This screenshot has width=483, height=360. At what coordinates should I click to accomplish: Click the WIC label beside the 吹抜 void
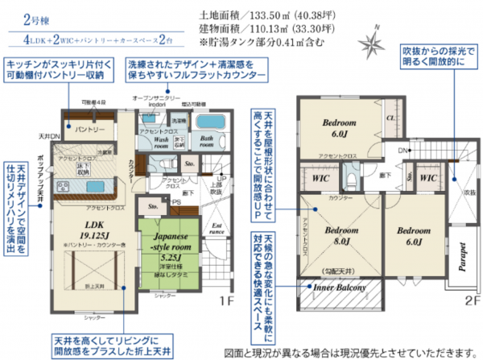point(427,176)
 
